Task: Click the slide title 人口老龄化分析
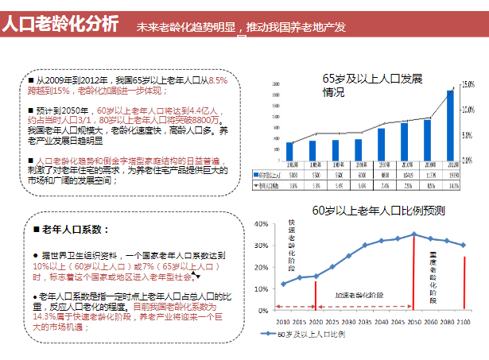[60, 23]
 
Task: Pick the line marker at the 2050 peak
[414, 234]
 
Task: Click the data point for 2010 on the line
[283, 284]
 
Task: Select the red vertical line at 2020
[316, 292]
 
